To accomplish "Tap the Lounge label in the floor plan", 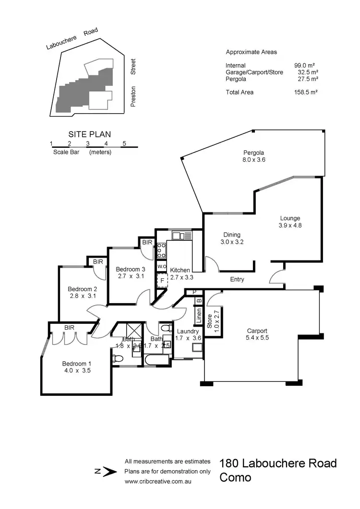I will [x=290, y=218].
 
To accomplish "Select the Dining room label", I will [x=231, y=235].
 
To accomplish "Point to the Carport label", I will [x=257, y=331].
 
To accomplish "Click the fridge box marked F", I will [x=162, y=280].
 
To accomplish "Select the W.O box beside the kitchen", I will [x=161, y=266].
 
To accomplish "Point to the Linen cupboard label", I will [x=198, y=316].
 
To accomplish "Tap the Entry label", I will [x=237, y=279].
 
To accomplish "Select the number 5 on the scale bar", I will [x=124, y=143].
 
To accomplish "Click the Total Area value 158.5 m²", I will [x=305, y=92].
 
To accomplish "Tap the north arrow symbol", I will [x=109, y=472].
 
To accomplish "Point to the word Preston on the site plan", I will [x=133, y=96].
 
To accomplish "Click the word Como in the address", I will [x=235, y=478].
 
